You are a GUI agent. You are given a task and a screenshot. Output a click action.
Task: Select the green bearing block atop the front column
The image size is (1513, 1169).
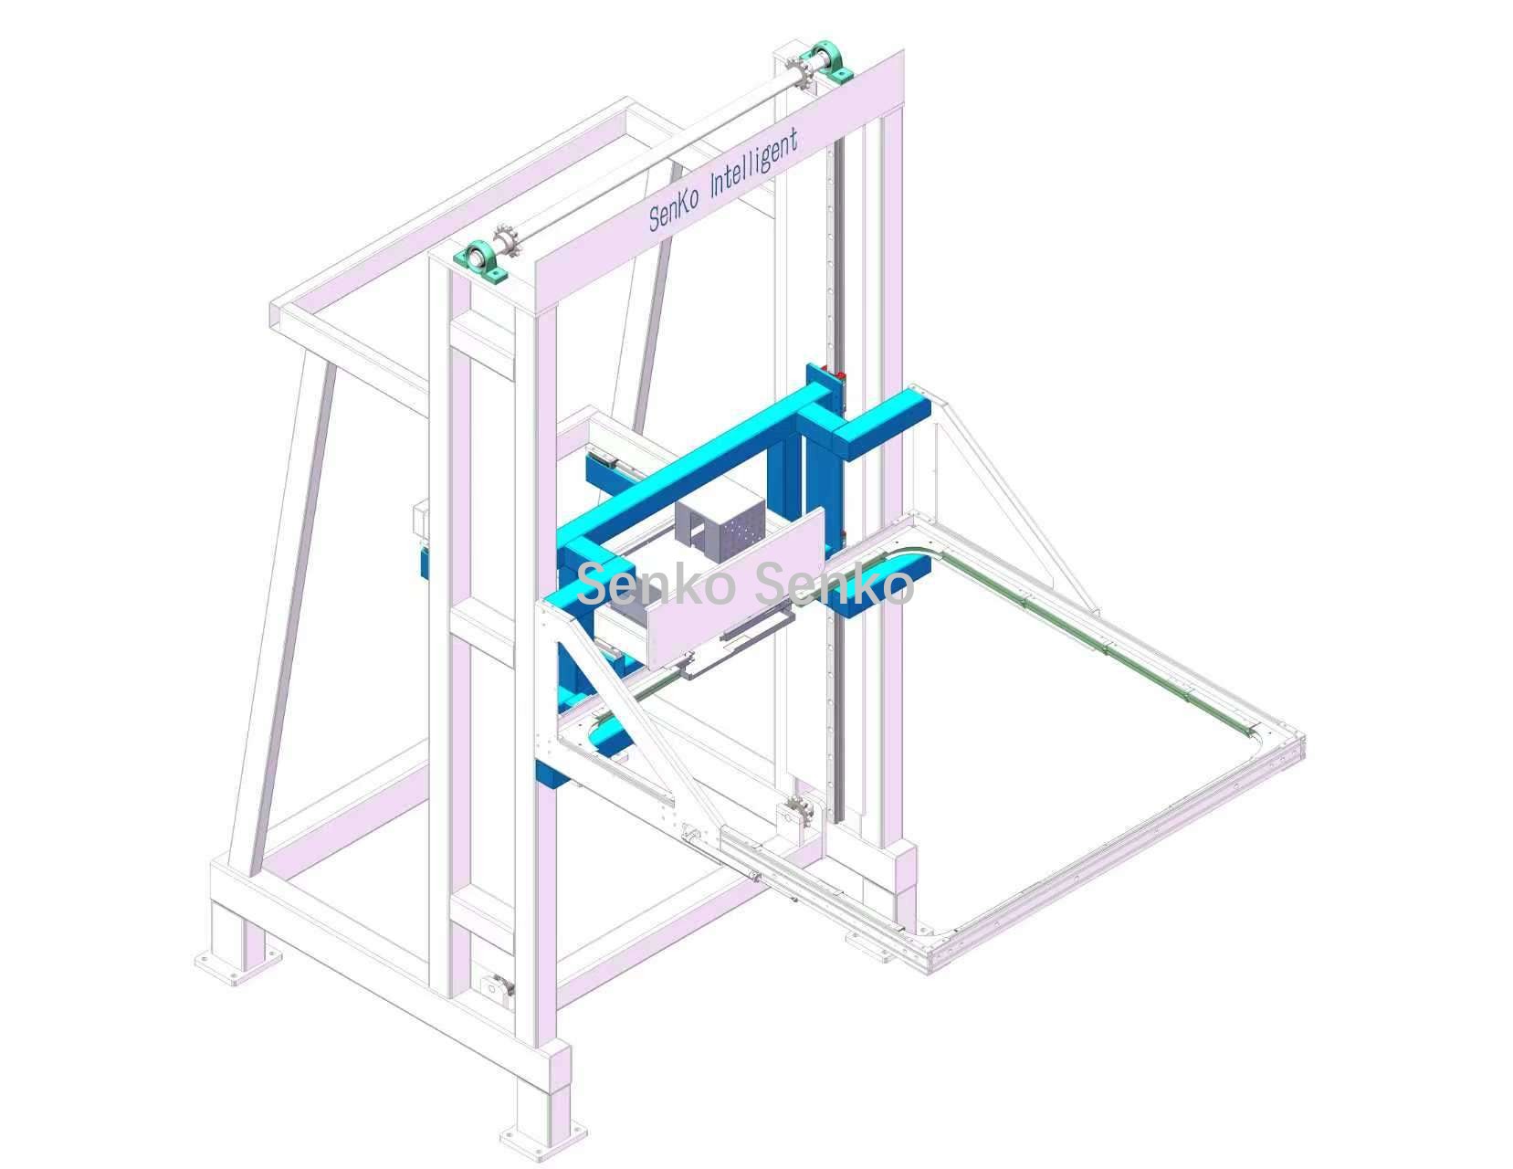click(480, 262)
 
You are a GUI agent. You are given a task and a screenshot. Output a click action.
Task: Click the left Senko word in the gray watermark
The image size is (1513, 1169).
click(656, 584)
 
